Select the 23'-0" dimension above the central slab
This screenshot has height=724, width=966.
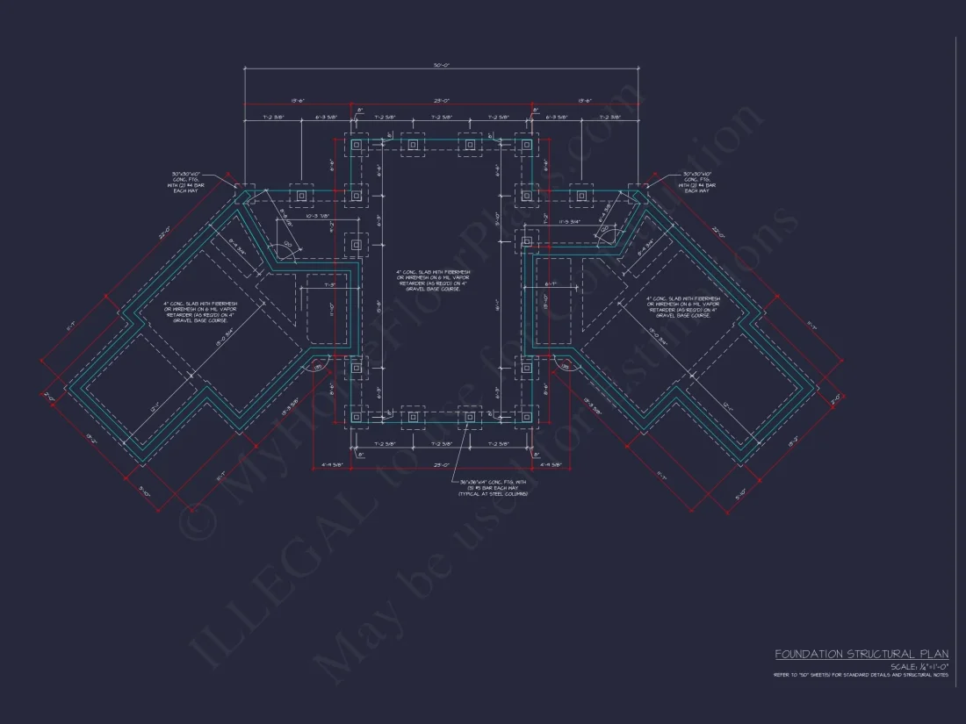point(441,100)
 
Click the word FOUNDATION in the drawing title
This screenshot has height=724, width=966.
point(808,654)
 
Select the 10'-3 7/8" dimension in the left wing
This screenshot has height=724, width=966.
point(317,215)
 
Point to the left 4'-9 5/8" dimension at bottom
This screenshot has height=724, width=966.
point(332,465)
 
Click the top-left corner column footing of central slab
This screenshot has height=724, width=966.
point(357,145)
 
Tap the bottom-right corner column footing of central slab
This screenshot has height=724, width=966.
point(526,415)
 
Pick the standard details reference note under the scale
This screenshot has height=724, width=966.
point(861,675)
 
